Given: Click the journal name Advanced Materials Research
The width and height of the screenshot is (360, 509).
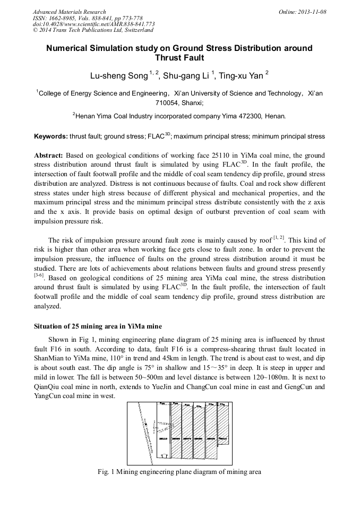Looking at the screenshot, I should click(x=69, y=12).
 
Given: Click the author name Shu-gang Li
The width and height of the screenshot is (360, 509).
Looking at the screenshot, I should click(x=186, y=76).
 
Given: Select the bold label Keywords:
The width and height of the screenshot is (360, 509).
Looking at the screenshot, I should click(x=51, y=136).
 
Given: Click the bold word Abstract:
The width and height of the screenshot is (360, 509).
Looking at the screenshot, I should click(x=49, y=156).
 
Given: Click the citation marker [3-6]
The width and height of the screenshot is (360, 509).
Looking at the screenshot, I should click(x=40, y=275).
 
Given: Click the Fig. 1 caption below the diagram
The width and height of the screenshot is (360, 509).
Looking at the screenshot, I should click(x=179, y=471).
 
